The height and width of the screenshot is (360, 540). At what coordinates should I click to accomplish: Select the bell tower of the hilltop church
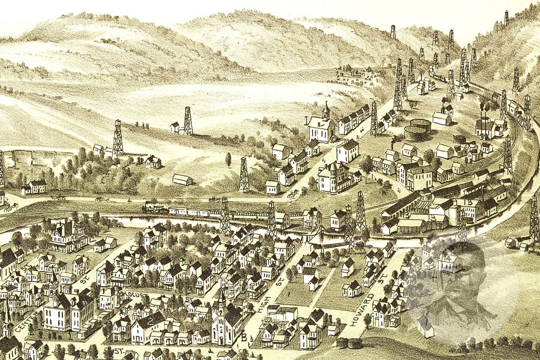(326, 110)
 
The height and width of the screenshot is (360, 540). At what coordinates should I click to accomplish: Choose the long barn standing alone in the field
(183, 180)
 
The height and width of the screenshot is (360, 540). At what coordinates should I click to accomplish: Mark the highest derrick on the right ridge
(506, 18)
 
